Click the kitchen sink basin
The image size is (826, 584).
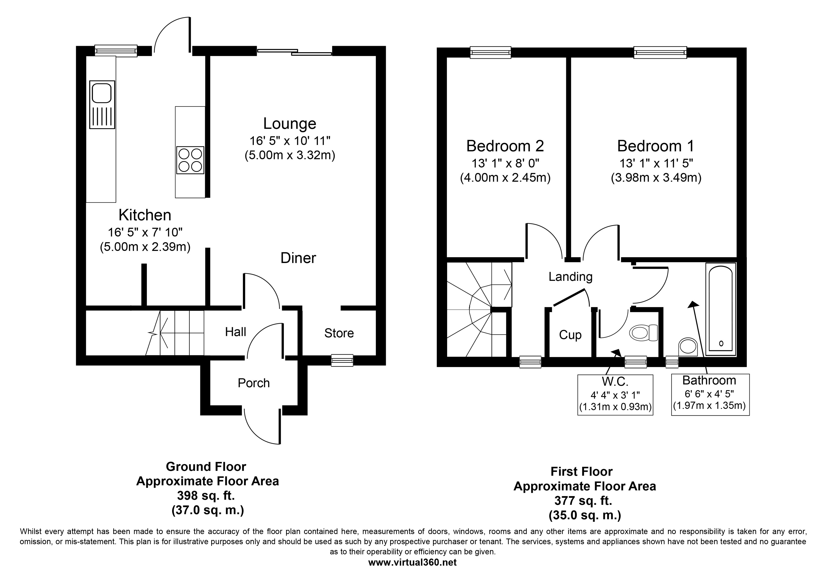tap(102, 93)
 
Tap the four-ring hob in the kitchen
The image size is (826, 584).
tap(190, 160)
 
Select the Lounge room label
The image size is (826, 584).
tap(290, 123)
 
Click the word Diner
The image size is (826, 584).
tap(298, 258)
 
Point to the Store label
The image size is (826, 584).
tap(339, 333)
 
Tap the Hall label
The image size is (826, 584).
tap(236, 332)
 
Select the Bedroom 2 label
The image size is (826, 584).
tap(505, 146)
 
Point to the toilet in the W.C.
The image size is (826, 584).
tap(644, 333)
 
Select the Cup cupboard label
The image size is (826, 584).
tap(570, 335)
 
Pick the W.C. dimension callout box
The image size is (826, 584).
tap(615, 395)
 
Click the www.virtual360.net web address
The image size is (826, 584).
tap(412, 562)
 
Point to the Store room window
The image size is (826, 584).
tap(342, 360)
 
